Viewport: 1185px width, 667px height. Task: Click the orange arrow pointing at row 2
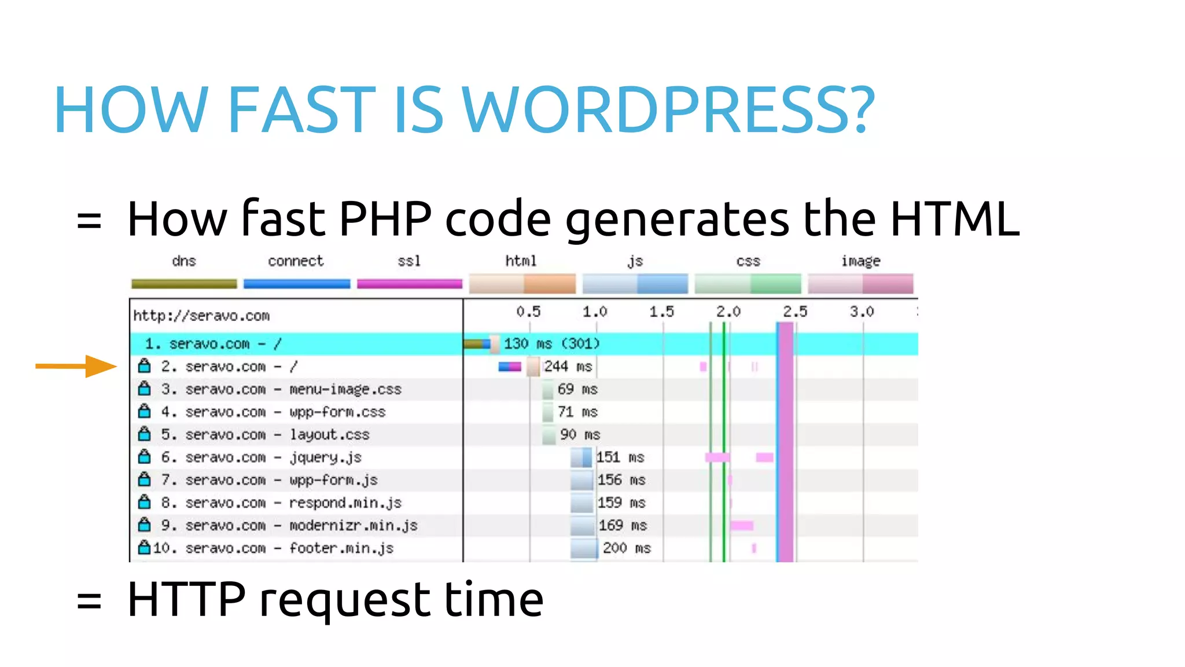point(76,366)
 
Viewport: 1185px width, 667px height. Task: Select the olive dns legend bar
point(184,284)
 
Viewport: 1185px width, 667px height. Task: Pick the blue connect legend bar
point(296,284)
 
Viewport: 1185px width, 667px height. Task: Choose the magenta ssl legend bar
point(410,284)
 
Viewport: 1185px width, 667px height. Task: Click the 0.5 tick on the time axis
point(528,312)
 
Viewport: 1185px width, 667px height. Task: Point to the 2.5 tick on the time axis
point(795,312)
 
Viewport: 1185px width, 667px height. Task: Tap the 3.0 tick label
point(862,312)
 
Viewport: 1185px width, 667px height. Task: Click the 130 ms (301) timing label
point(551,344)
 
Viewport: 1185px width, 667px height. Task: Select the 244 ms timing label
point(568,367)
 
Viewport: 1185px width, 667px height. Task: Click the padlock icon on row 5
point(145,434)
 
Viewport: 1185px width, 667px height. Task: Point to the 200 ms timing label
point(627,548)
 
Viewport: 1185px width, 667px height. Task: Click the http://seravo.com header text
point(201,316)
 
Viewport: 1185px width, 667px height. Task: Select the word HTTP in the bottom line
point(186,600)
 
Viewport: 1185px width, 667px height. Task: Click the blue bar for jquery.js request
point(582,457)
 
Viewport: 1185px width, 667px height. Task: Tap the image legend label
point(860,261)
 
